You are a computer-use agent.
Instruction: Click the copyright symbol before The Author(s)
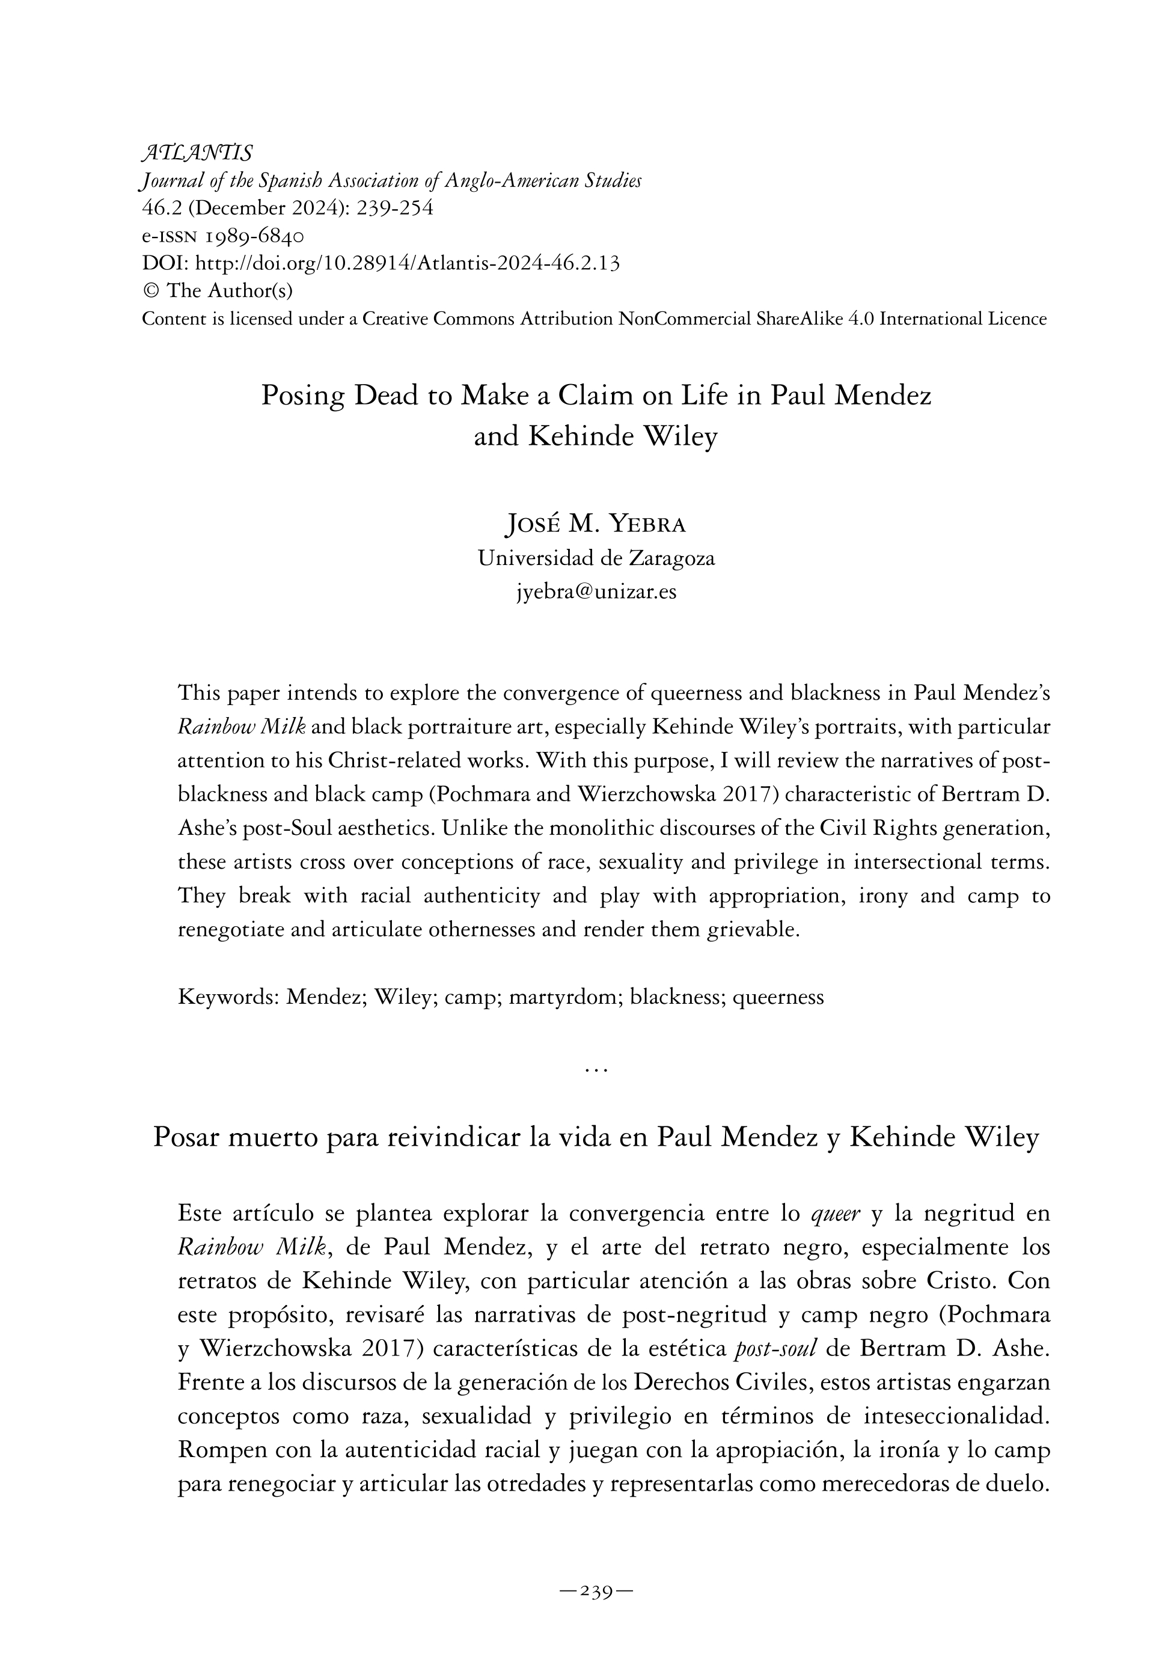151,290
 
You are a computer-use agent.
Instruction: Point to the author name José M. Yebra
596,523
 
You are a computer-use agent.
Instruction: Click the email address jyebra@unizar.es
596,592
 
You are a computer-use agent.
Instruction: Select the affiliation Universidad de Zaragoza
596,558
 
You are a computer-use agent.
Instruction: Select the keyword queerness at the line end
778,997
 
